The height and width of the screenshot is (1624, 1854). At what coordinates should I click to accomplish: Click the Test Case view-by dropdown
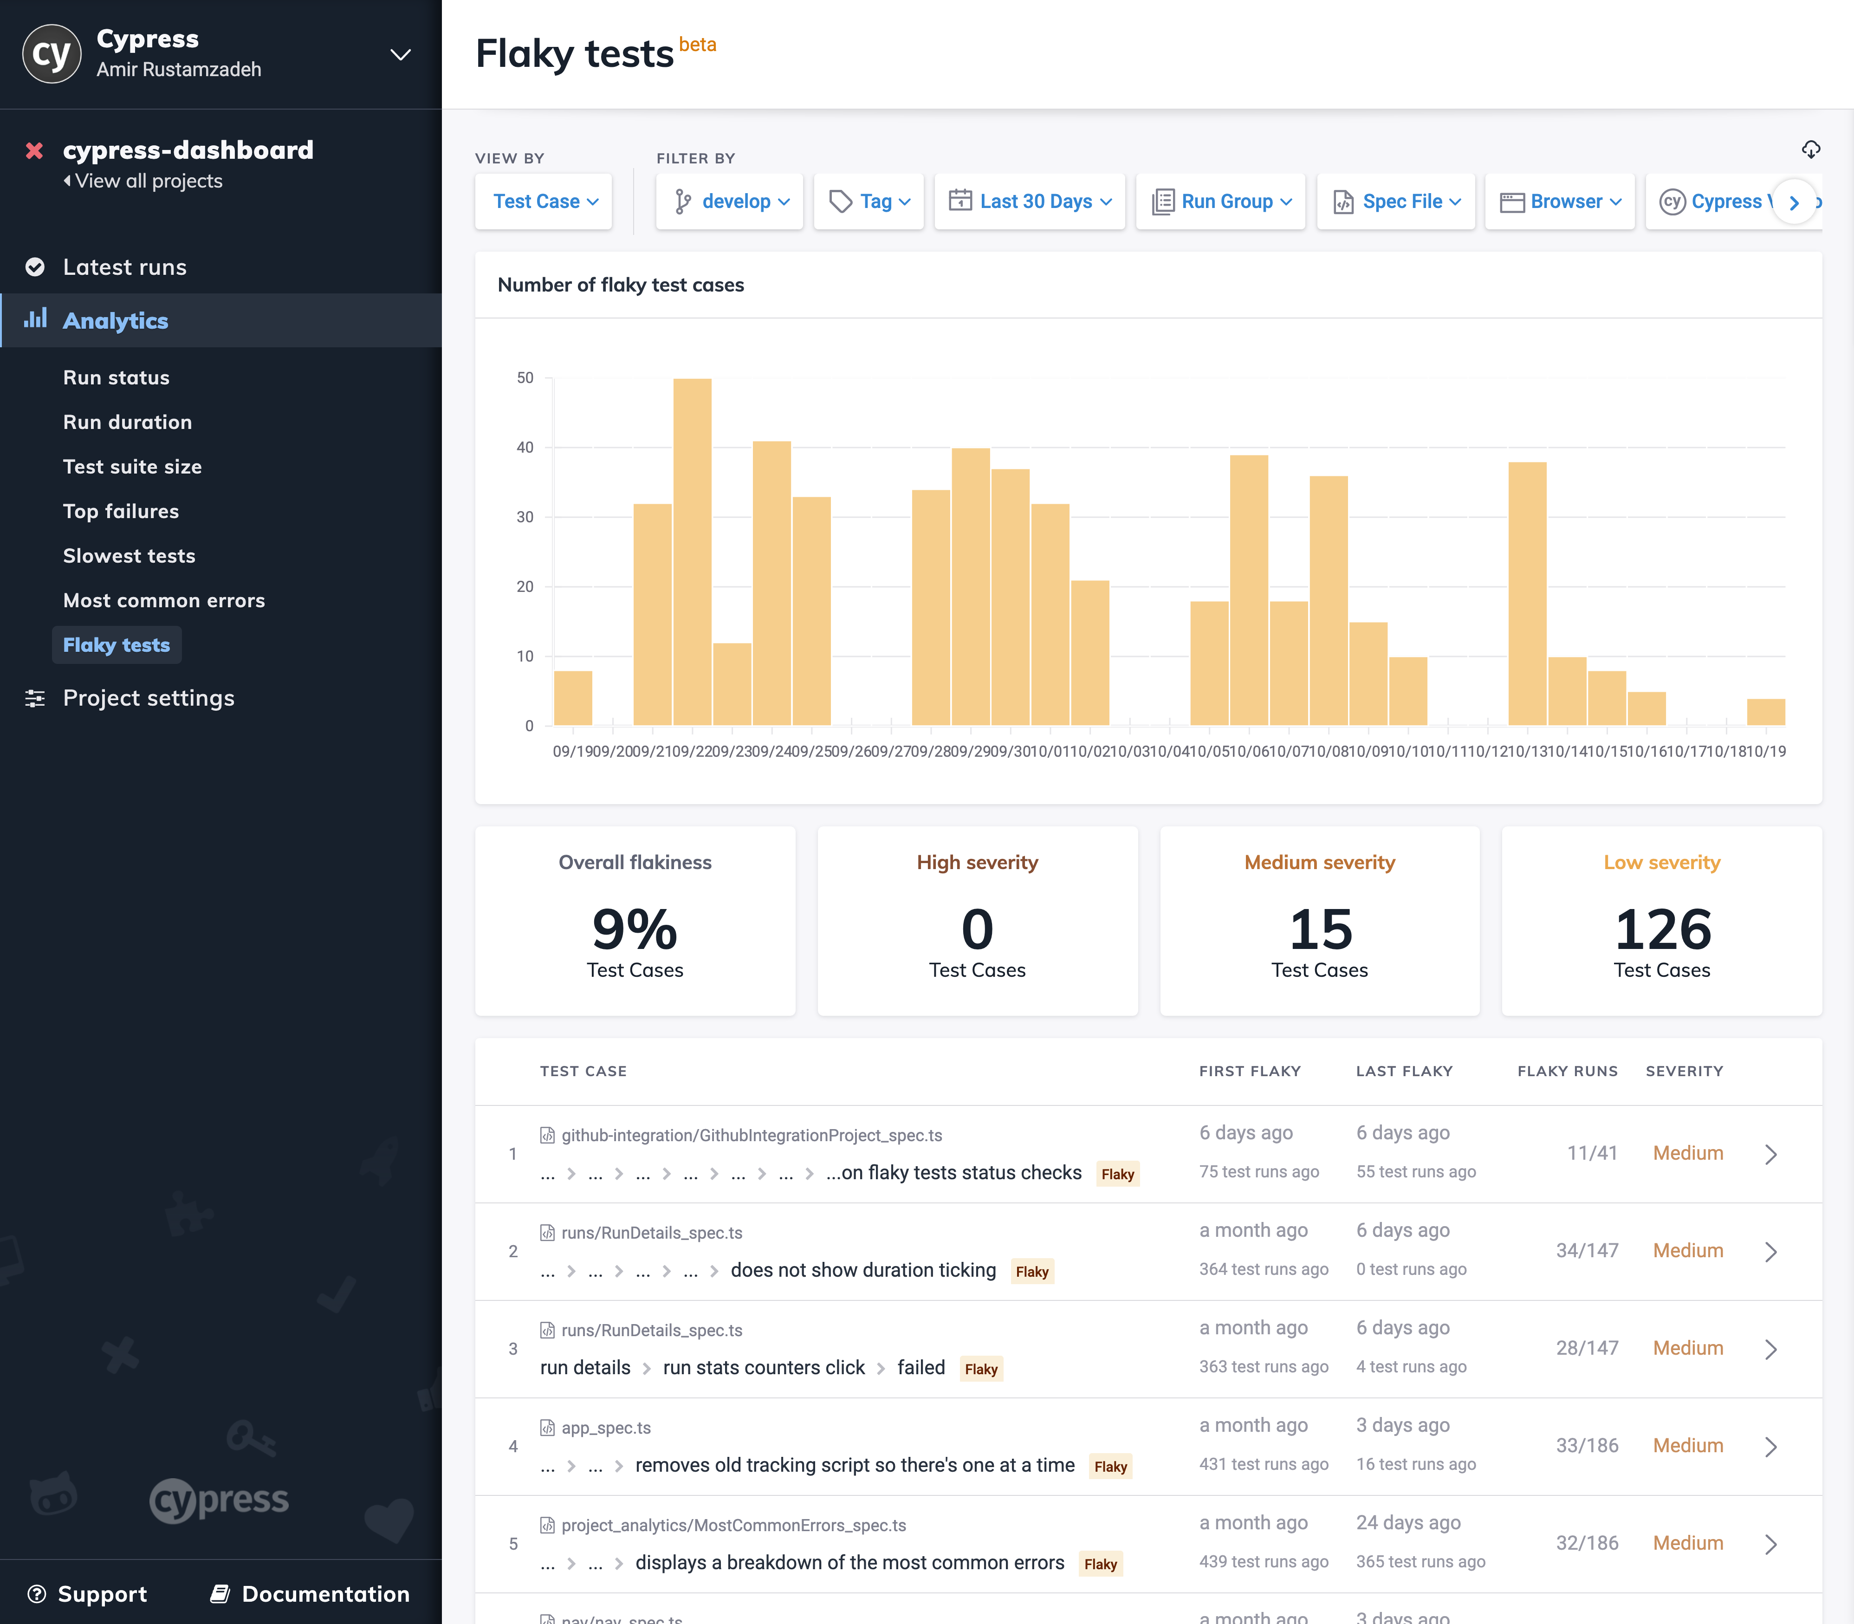point(544,201)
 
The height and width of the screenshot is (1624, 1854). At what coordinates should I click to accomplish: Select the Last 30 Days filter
point(1030,201)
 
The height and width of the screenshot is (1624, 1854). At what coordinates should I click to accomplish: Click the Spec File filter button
point(1395,201)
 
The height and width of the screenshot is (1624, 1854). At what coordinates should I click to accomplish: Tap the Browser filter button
point(1560,201)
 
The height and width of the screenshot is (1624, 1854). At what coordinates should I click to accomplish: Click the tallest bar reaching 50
point(692,551)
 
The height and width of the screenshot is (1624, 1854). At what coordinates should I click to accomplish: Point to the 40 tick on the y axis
point(525,448)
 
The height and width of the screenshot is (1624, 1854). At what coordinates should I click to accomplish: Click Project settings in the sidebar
point(149,698)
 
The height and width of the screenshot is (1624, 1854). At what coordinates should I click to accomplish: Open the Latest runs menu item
point(124,267)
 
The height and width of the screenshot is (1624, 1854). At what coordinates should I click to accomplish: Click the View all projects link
point(148,181)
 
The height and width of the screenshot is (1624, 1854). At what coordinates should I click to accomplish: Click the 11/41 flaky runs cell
point(1591,1153)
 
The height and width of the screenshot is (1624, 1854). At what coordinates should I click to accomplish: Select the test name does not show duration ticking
point(862,1271)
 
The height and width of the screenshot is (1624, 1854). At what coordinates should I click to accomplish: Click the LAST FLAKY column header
point(1404,1071)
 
